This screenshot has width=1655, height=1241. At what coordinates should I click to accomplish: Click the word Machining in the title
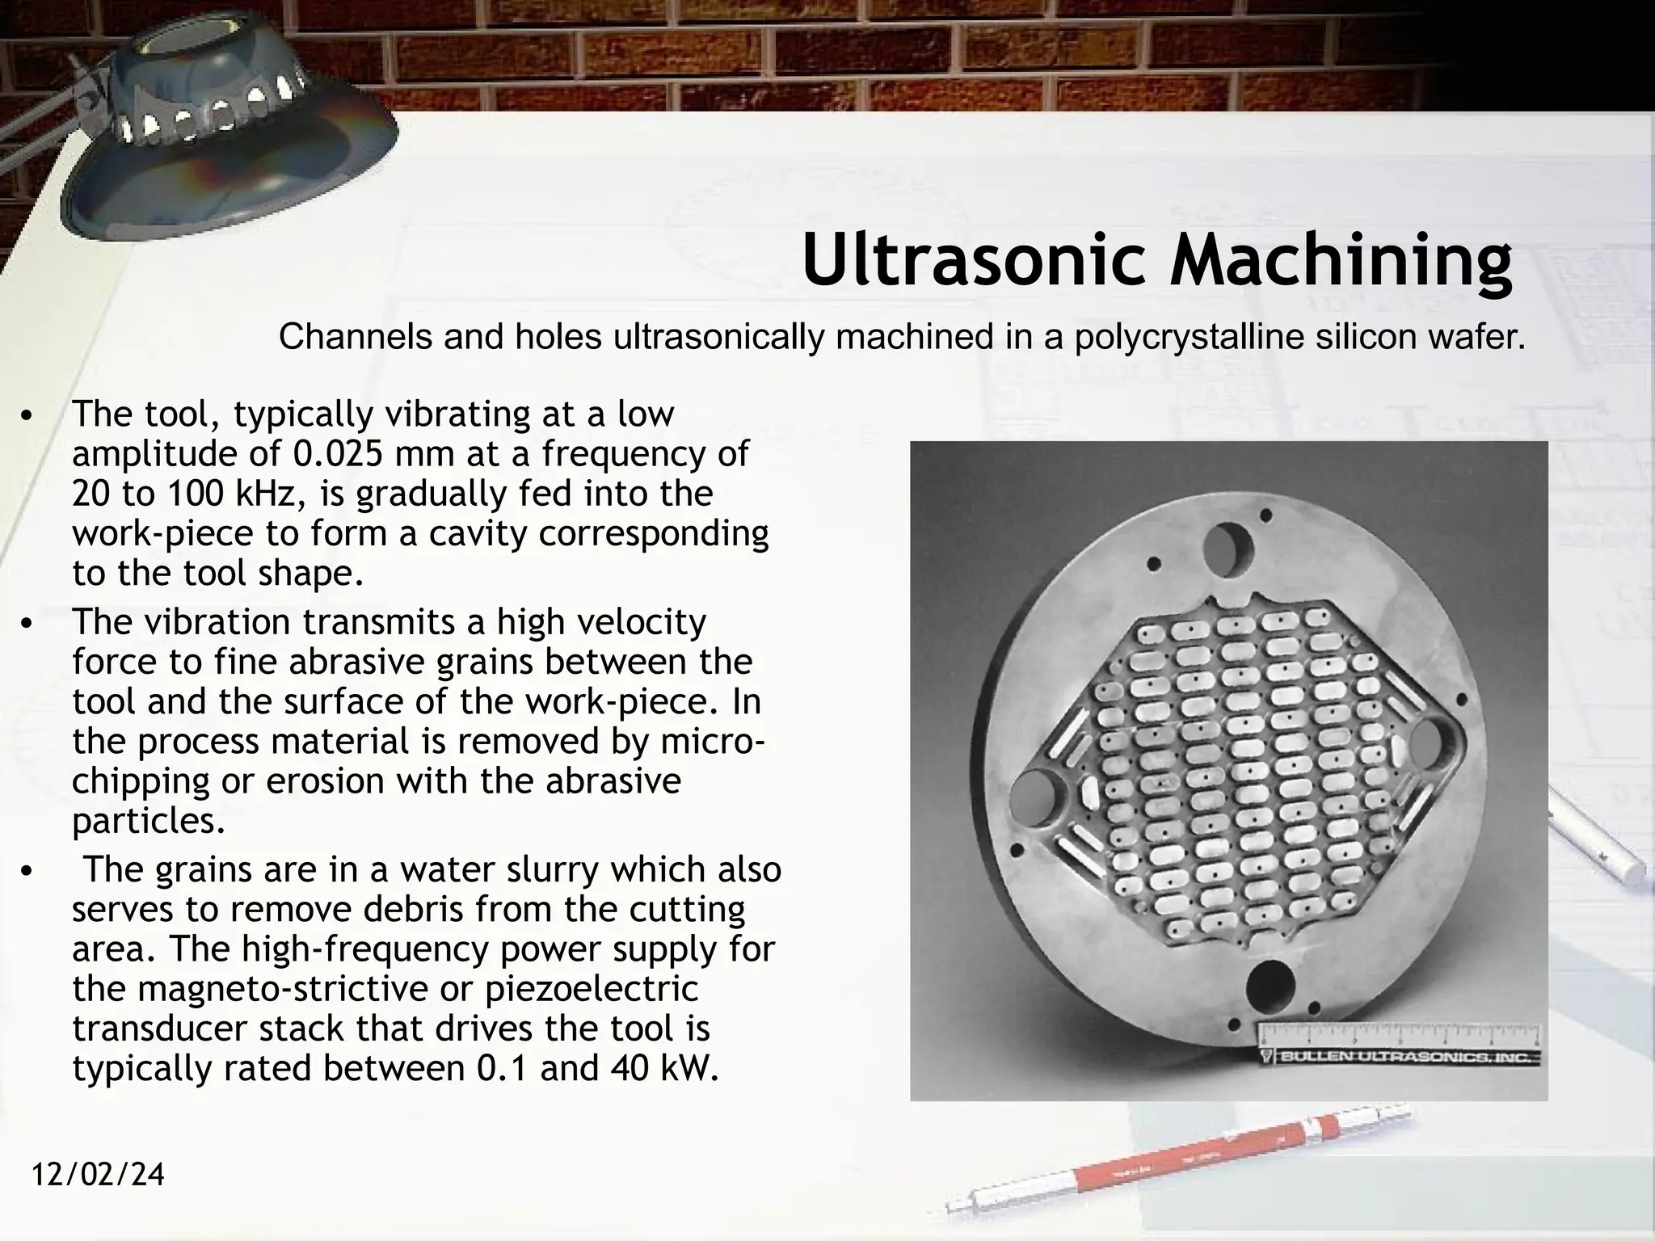pyautogui.click(x=1341, y=260)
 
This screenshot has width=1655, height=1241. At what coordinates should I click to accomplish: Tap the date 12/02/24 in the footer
pyautogui.click(x=99, y=1174)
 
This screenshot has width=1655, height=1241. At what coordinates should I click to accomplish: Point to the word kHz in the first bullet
pyautogui.click(x=259, y=494)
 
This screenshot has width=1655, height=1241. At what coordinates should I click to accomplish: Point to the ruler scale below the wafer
pyautogui.click(x=1399, y=1035)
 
